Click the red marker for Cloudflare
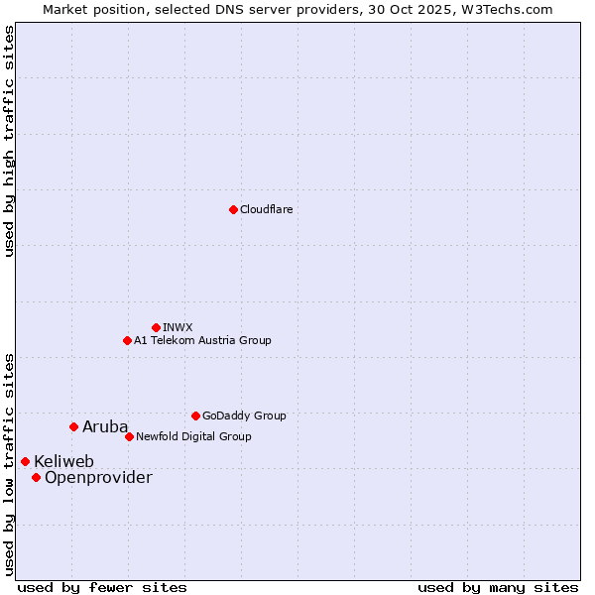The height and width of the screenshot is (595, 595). coord(233,209)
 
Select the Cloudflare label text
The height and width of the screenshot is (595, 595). coord(267,209)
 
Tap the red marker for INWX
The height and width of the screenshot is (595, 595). coord(156,327)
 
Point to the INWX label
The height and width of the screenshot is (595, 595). coord(178,327)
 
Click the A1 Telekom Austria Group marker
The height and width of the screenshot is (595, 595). coord(127,340)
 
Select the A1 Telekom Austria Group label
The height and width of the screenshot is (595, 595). coord(202,340)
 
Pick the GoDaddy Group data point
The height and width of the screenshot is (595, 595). coord(195,416)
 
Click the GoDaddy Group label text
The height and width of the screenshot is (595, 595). coord(244,416)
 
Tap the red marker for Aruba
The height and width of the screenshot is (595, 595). coord(73,426)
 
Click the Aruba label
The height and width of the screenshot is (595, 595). coord(105,426)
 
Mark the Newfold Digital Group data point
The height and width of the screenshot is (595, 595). coord(129,436)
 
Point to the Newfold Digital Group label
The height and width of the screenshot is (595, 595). coord(193,436)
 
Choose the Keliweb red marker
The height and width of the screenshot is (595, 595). coord(25,461)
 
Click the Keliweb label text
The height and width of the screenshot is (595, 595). coord(64,461)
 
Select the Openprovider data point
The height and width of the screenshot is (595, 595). coord(36,477)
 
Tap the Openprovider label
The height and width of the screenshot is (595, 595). coord(98,477)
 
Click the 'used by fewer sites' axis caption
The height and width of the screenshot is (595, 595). coord(102,587)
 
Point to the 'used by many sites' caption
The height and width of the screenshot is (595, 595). coord(498,587)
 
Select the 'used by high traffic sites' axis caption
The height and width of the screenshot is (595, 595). coord(9,141)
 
